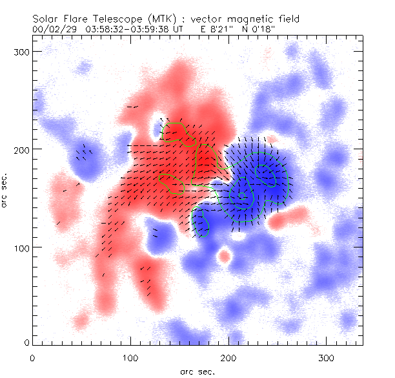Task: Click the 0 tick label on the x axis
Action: [x=32, y=356]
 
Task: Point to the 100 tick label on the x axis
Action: [x=130, y=356]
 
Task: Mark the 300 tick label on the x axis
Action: [x=327, y=356]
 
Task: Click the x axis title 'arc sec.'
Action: [x=197, y=371]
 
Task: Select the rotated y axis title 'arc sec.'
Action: [x=6, y=191]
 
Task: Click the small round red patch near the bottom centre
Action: [x=224, y=257]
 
